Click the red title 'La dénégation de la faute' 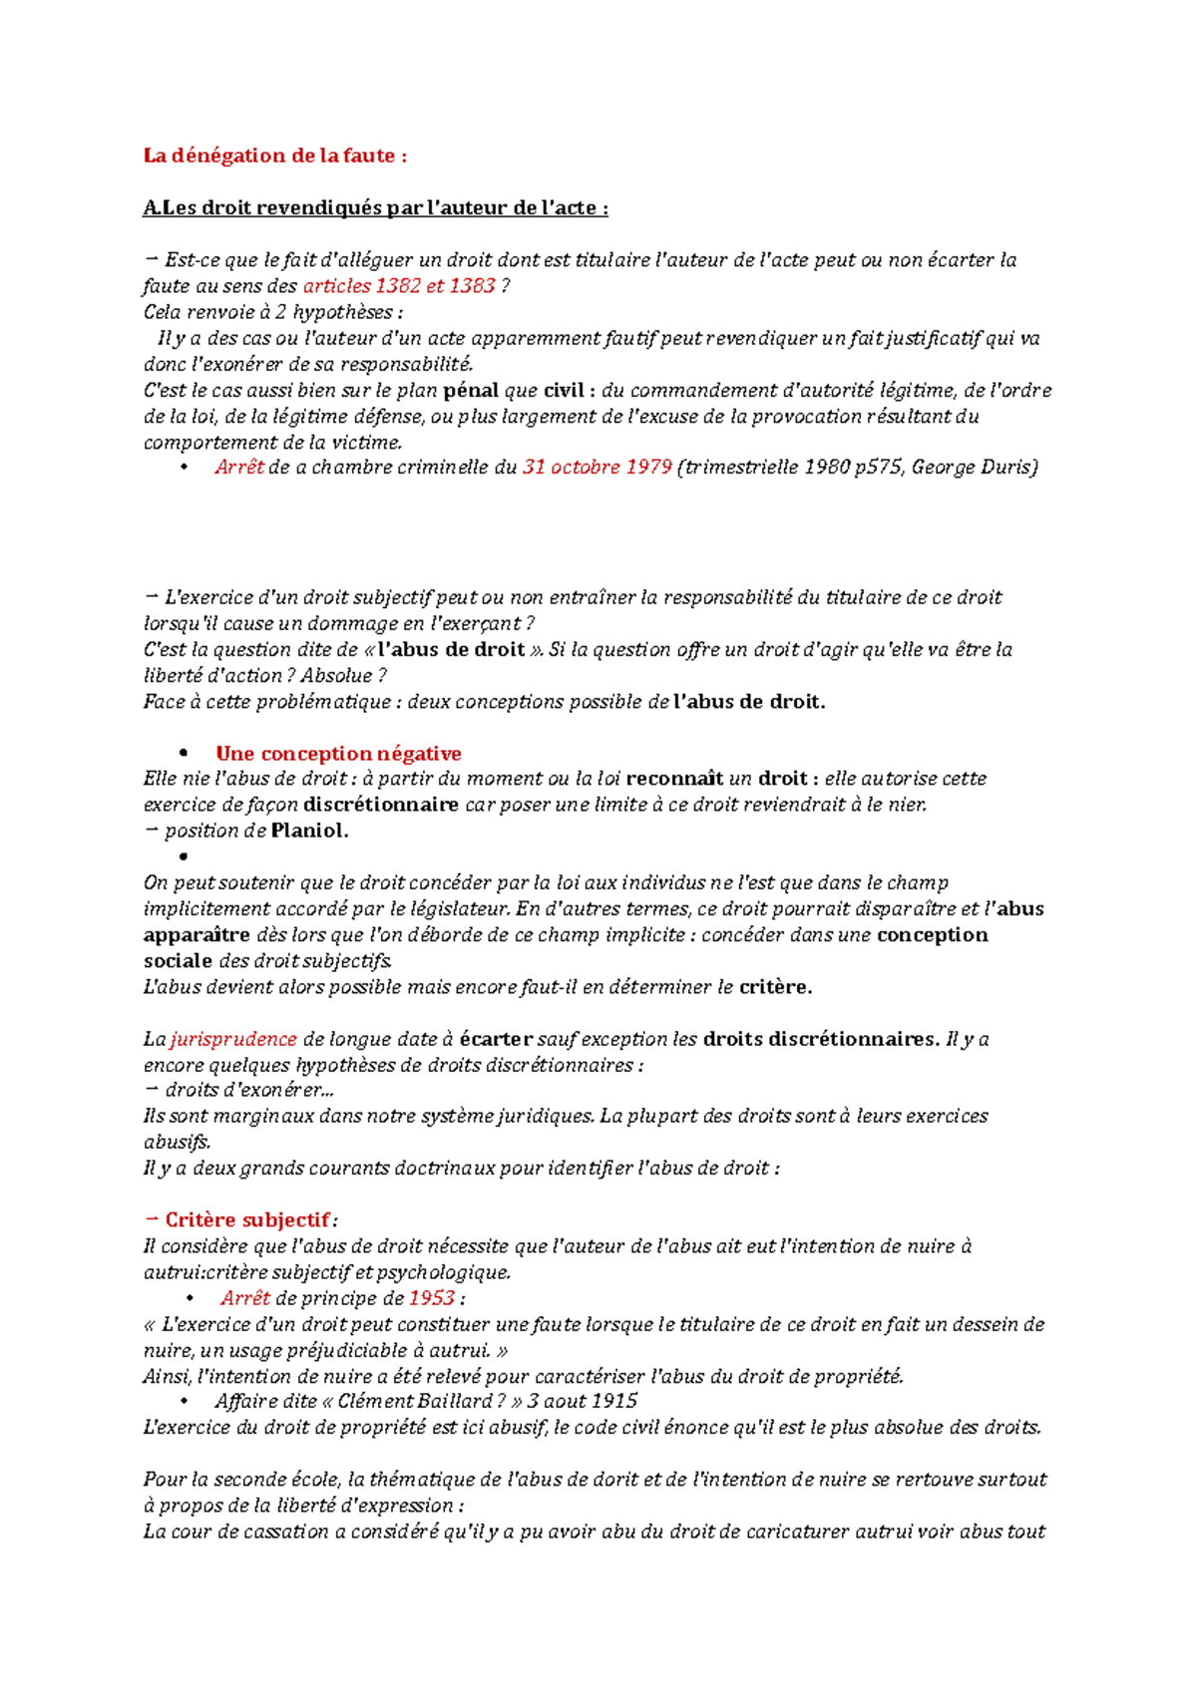274,156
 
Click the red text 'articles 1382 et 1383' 399,286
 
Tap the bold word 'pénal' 470,391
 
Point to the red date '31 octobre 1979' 597,468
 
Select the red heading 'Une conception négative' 338,754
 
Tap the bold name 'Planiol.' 309,831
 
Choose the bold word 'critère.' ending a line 775,988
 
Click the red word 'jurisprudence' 233,1040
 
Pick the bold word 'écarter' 495,1040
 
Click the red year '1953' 431,1299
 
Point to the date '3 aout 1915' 583,1402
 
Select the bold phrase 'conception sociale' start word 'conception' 932,935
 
